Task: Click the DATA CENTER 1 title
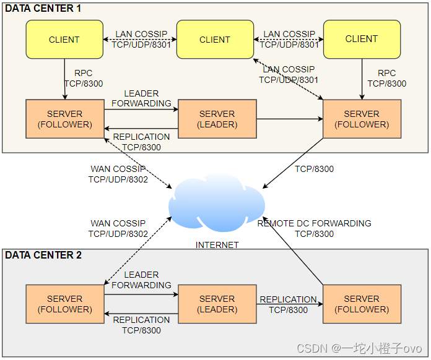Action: pos(43,9)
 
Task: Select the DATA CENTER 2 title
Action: pos(43,255)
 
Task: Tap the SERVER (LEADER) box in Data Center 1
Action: pos(217,119)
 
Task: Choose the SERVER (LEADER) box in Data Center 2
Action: pos(217,304)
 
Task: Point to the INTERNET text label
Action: pos(217,245)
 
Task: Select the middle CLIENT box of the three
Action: pos(215,40)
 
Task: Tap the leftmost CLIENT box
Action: pos(64,40)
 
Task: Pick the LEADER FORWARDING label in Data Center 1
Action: pos(141,98)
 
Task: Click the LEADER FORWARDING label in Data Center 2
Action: pos(141,280)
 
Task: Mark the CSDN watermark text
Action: pos(359,348)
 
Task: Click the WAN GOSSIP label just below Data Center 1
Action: pos(118,174)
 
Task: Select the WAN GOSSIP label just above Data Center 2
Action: pos(118,228)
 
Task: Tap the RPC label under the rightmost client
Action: pos(387,79)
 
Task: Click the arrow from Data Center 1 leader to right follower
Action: pos(289,119)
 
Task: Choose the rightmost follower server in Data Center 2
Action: pos(362,304)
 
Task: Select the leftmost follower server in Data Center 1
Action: pos(64,119)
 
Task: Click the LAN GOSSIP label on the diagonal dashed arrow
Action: pos(289,74)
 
